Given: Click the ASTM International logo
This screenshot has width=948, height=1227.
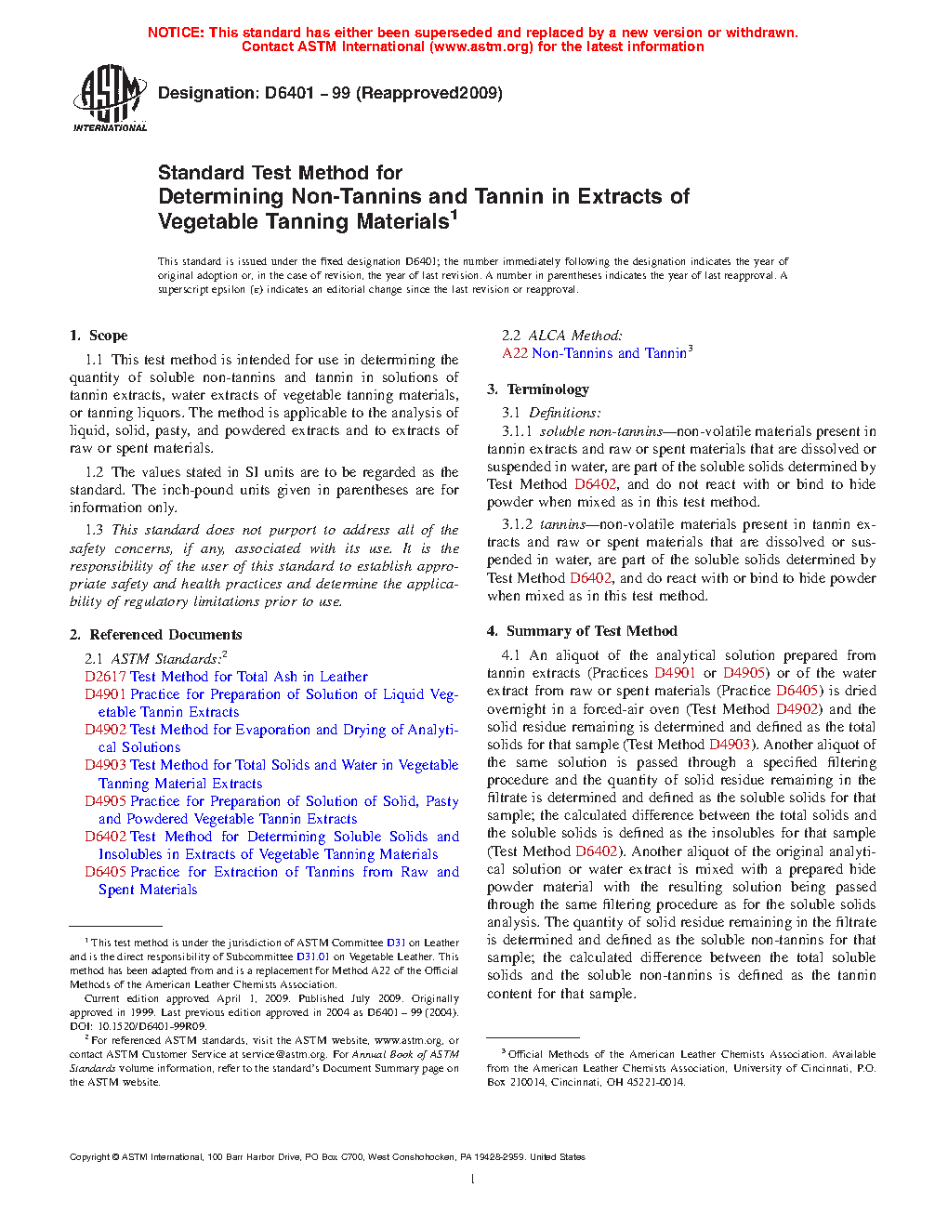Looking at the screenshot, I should [x=110, y=97].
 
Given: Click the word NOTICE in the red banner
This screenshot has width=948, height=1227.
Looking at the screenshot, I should [x=176, y=33].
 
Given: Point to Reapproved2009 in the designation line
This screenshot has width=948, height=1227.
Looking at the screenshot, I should [x=429, y=93].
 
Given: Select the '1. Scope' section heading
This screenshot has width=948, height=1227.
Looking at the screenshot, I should [x=99, y=336].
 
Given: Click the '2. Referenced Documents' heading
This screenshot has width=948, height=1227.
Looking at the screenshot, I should [x=156, y=635].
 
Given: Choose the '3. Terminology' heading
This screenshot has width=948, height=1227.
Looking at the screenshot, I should [x=538, y=389].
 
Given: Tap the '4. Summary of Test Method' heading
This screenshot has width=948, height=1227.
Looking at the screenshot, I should [x=582, y=631].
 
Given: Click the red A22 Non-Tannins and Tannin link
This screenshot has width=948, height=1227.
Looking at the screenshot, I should [x=595, y=353].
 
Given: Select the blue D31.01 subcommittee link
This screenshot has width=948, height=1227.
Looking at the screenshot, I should [x=313, y=957].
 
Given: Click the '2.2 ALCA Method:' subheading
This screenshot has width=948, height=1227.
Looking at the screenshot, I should [x=562, y=336].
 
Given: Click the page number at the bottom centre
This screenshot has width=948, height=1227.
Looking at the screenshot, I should [x=473, y=1180].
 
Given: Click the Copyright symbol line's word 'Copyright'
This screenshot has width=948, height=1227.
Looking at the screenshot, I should [x=89, y=1157].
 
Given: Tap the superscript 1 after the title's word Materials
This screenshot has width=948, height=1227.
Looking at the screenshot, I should [x=454, y=216].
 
